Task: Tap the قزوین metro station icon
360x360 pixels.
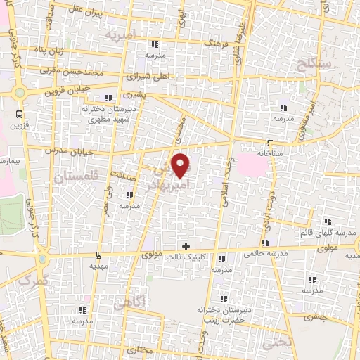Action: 19,114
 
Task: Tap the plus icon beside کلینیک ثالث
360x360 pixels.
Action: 186,246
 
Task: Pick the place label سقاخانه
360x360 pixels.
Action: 269,152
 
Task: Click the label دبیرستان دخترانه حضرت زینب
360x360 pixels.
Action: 224,315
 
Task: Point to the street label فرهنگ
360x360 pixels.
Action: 215,44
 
